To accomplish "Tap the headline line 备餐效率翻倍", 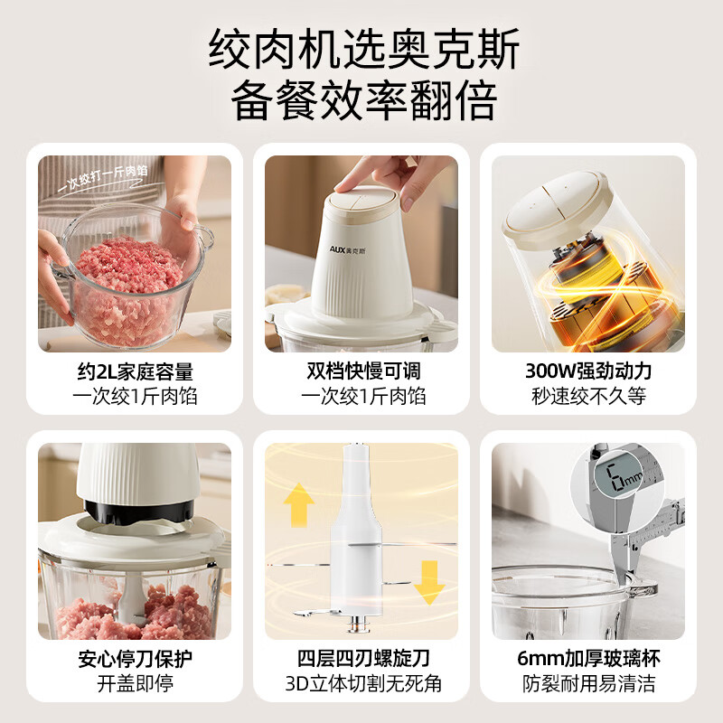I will [x=361, y=101].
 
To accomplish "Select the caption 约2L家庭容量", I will [x=134, y=371].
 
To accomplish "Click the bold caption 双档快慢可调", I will [x=362, y=371].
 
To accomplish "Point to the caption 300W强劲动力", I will [x=588, y=371].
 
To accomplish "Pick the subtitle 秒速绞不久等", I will [x=588, y=396].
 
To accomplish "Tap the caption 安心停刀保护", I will [x=134, y=658].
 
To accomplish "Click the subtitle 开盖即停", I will [x=134, y=682].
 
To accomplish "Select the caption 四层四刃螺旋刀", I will [x=362, y=658].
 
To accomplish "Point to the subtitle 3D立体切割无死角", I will [x=362, y=682].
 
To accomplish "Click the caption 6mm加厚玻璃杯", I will [x=588, y=658].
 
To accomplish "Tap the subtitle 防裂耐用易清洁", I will [x=588, y=682].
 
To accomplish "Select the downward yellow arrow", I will [x=428, y=583].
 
